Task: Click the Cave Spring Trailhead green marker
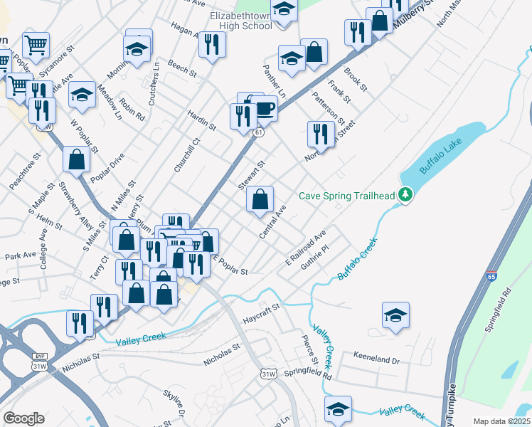tap(405, 194)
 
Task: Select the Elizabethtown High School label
tap(241, 20)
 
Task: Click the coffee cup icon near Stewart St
tap(265, 109)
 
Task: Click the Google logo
tap(24, 418)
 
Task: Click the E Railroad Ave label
tap(306, 245)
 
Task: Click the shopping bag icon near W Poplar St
tap(76, 161)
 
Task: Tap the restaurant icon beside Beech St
tap(212, 46)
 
